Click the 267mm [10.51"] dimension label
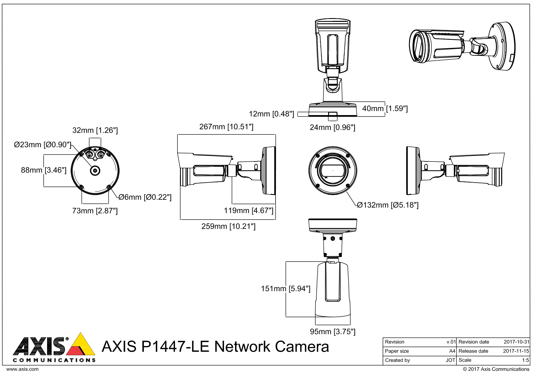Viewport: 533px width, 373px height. pos(226,127)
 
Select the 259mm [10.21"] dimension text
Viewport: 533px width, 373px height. pos(228,226)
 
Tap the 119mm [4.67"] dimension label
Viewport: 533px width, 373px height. pos(248,211)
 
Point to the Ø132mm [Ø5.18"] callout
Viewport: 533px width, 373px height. pos(388,205)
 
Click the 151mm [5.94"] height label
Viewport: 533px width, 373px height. pos(285,289)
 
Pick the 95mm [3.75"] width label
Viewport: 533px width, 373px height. pos(333,332)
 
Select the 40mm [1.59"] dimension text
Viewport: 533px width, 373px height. pos(385,109)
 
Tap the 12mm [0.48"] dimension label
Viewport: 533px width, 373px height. pos(271,114)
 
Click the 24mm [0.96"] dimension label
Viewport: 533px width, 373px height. pos(332,128)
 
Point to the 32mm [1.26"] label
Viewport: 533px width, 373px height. pos(95,130)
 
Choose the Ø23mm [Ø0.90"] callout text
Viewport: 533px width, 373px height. pos(42,145)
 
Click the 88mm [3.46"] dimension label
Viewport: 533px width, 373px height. pos(44,170)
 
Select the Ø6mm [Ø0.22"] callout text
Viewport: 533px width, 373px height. pos(145,197)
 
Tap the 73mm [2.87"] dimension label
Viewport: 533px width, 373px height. pos(95,211)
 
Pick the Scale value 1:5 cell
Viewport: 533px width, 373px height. pos(525,360)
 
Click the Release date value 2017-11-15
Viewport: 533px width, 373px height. pos(516,351)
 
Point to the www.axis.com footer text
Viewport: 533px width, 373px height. pos(22,369)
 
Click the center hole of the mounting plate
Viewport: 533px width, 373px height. pos(95,170)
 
